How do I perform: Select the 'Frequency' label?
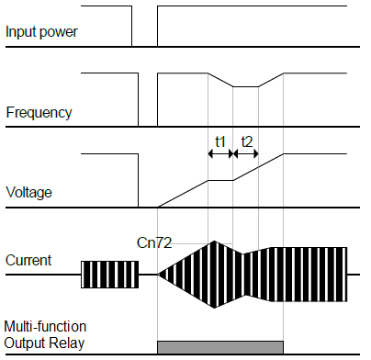pyautogui.click(x=39, y=113)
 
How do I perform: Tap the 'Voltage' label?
pyautogui.click(x=29, y=193)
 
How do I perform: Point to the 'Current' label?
pyautogui.click(x=28, y=261)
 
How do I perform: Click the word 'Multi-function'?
pyautogui.click(x=45, y=327)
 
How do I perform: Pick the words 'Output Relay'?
pyautogui.click(x=45, y=344)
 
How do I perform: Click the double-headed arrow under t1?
pyautogui.click(x=220, y=154)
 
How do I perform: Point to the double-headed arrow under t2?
pyautogui.click(x=246, y=154)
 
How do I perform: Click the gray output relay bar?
pyautogui.click(x=220, y=347)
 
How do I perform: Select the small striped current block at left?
pyautogui.click(x=109, y=274)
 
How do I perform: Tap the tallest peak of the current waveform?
pyautogui.click(x=214, y=242)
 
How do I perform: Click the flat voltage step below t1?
pyautogui.click(x=220, y=180)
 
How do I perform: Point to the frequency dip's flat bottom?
pyautogui.click(x=245, y=86)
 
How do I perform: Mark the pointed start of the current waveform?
pyautogui.click(x=160, y=274)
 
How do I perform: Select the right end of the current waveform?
pyautogui.click(x=345, y=274)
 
